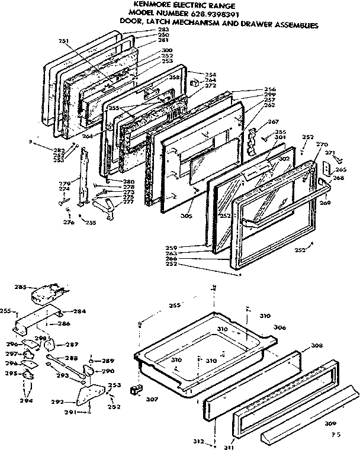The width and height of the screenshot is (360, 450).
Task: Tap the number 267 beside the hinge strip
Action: tap(273, 122)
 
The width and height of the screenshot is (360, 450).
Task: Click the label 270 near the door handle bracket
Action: tap(322, 144)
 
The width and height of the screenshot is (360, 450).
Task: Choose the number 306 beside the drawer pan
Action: tap(279, 327)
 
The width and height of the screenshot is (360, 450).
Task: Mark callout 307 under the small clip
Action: tap(152, 399)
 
